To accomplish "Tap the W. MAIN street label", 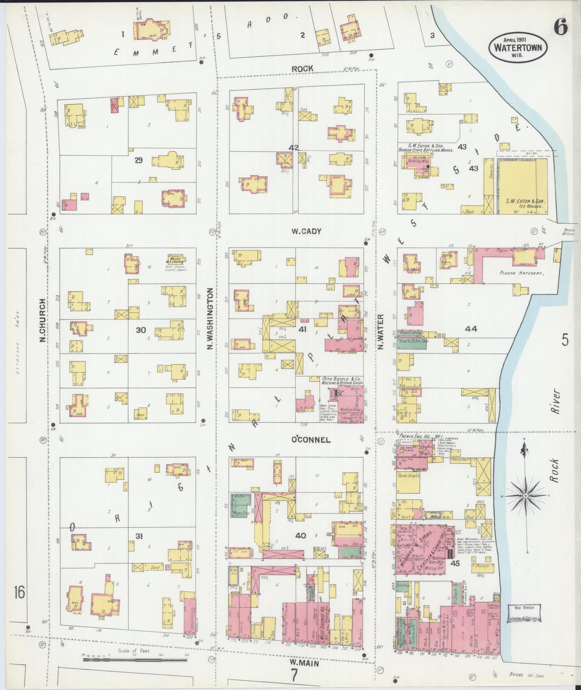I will (x=305, y=663).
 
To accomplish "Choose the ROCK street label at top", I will (x=302, y=68).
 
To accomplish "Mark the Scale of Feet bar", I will (x=135, y=659).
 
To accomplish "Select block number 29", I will (x=138, y=161).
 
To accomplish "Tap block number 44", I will (x=471, y=329).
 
